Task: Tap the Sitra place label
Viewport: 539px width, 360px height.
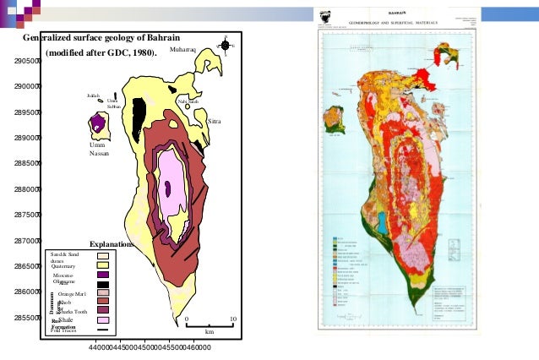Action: [x=215, y=123]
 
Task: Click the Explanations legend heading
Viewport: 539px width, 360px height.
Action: [x=112, y=244]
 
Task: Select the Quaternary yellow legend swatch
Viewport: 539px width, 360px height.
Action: [x=104, y=266]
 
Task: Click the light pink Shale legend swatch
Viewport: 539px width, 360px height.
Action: [x=104, y=321]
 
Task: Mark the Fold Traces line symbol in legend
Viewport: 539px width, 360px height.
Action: [x=104, y=330]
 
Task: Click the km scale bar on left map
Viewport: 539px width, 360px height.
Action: [x=210, y=325]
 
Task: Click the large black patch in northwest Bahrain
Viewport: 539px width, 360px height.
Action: [x=140, y=110]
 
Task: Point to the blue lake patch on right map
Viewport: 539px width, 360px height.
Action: [x=383, y=222]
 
